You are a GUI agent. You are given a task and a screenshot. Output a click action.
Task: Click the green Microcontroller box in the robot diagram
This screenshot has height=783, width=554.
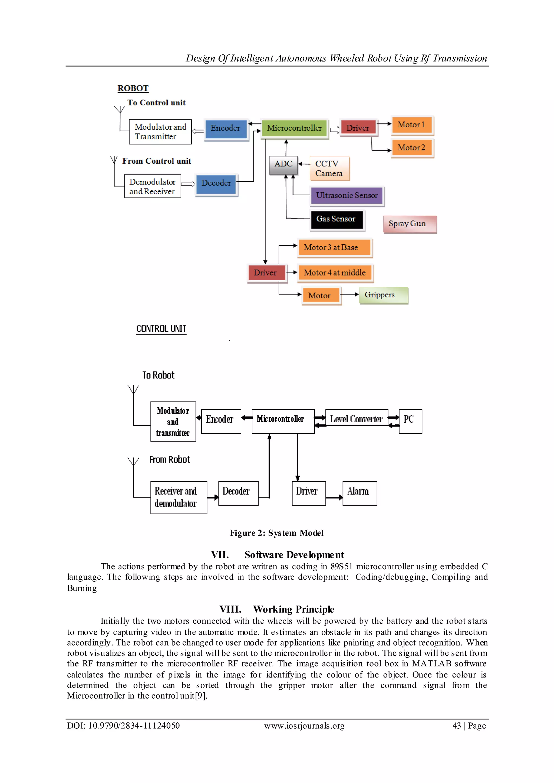(x=294, y=128)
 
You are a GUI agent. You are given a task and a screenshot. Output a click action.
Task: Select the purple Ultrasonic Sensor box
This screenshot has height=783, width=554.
(x=347, y=196)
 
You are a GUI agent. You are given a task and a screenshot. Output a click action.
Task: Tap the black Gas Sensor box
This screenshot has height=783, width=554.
(x=336, y=219)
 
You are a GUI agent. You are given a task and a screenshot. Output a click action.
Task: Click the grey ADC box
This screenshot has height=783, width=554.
(x=283, y=165)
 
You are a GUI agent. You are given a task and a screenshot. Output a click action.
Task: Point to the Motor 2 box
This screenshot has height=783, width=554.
(x=411, y=148)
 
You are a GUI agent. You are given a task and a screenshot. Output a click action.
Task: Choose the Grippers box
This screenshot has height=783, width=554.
(x=383, y=295)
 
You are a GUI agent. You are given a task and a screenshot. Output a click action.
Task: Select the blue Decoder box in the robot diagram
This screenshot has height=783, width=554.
(x=216, y=183)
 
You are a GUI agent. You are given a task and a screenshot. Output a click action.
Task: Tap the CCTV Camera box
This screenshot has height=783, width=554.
(x=329, y=168)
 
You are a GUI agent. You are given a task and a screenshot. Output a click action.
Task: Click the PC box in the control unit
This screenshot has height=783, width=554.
(x=410, y=421)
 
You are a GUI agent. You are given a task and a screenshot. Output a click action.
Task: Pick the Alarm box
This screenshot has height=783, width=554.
(x=360, y=493)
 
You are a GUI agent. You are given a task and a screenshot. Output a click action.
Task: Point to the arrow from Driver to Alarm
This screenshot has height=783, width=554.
(x=334, y=498)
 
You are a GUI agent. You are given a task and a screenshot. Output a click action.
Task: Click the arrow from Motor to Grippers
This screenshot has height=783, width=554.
(x=350, y=294)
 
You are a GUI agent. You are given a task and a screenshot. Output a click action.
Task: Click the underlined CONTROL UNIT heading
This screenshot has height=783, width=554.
(x=161, y=329)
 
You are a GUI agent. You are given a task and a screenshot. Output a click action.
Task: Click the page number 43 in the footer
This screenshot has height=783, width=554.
(x=456, y=726)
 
